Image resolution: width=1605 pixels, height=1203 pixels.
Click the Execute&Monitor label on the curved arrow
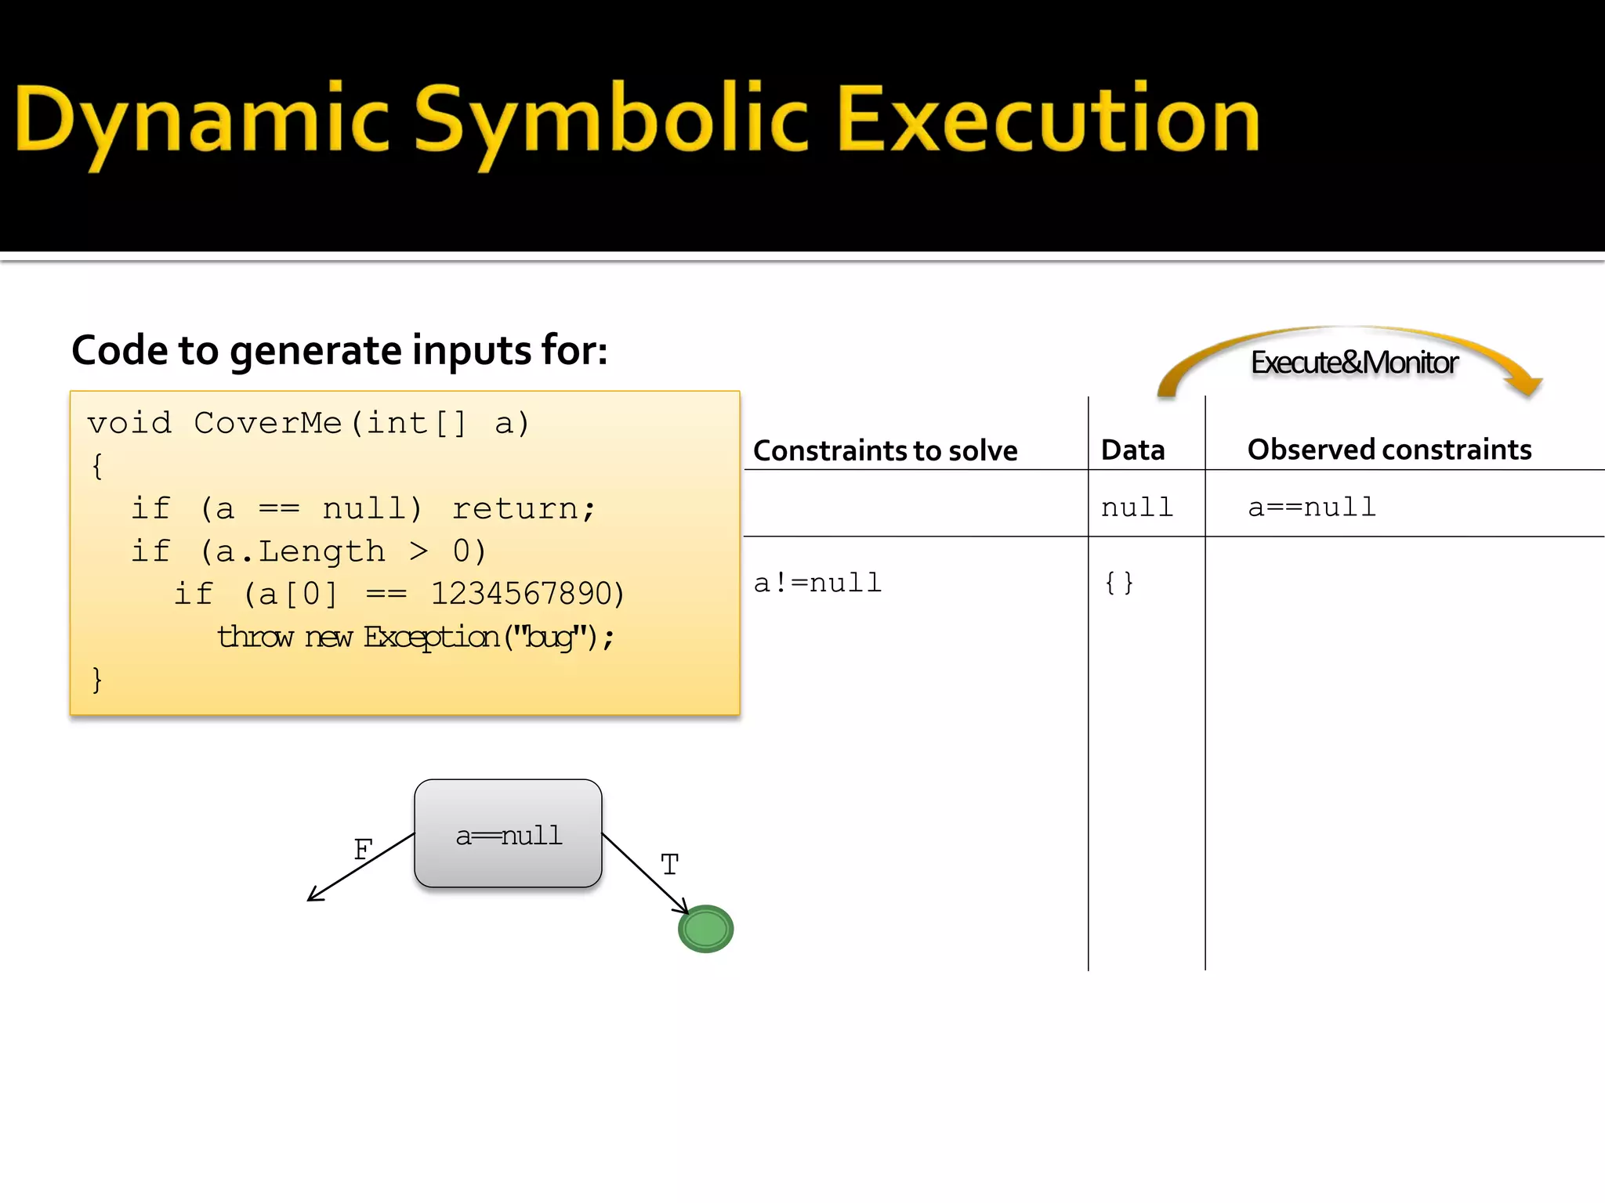(x=1353, y=363)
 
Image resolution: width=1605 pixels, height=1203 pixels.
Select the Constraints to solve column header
(x=885, y=450)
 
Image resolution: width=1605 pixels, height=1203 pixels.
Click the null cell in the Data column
(x=1136, y=508)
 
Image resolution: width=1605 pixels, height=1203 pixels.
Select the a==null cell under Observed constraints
(x=1311, y=508)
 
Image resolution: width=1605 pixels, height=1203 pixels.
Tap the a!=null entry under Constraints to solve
(x=817, y=583)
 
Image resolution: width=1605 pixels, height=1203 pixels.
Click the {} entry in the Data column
(x=1118, y=583)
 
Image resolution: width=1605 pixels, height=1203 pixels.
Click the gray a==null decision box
(x=508, y=833)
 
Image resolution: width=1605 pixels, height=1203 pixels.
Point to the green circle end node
(x=705, y=929)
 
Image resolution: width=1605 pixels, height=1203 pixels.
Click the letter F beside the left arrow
(x=363, y=849)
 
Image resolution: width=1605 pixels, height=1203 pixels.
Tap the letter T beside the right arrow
(x=668, y=865)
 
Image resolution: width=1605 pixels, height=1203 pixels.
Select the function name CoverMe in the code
(x=267, y=423)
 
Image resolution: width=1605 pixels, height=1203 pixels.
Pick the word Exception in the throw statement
(x=431, y=637)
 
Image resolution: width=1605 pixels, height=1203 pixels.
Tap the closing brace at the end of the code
(x=97, y=679)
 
